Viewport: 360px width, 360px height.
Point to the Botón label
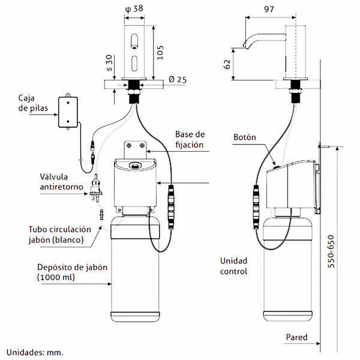[x=245, y=137]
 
